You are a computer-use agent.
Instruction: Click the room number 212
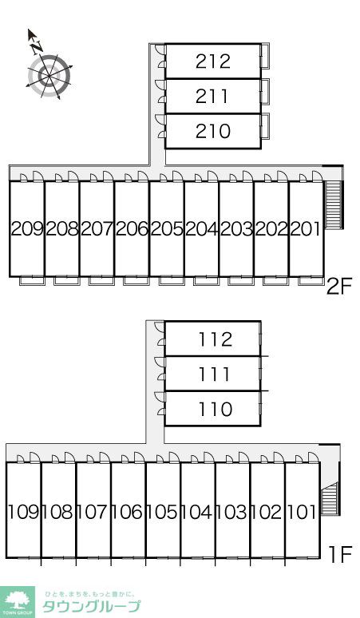point(212,61)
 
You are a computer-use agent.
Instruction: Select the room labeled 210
point(213,131)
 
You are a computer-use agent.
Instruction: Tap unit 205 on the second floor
point(167,228)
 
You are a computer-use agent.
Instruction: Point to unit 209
point(27,228)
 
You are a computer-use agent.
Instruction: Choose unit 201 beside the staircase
point(306,228)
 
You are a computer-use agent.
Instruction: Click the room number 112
point(215,339)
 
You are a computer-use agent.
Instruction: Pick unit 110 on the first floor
point(215,409)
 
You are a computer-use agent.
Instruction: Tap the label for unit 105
point(163,512)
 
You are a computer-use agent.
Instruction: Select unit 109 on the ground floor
point(23,512)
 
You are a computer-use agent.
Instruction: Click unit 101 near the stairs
point(302,512)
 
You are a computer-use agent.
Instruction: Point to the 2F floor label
point(338,286)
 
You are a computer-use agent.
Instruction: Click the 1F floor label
point(340,555)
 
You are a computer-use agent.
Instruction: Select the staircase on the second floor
point(334,205)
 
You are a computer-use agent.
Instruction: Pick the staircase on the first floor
point(330,498)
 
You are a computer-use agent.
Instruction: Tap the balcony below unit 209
point(32,280)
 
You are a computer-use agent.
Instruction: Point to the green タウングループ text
point(91,606)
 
